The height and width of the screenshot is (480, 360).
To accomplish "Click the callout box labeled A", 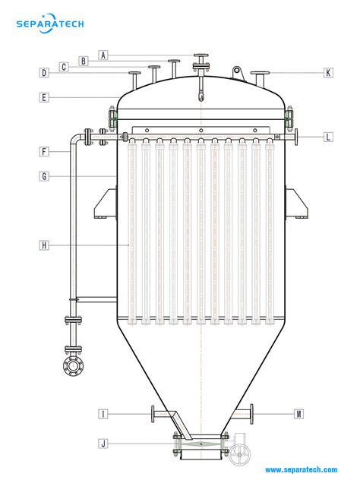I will click(103, 55).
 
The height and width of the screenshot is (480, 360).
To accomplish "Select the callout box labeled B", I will click(84, 61).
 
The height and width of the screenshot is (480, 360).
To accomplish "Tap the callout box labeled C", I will click(65, 67).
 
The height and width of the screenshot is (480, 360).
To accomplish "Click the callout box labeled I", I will click(103, 414).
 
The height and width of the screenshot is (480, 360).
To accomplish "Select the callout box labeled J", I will click(103, 443).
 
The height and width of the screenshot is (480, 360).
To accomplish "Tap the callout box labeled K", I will click(327, 73).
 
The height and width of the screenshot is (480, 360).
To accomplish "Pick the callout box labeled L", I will click(327, 137).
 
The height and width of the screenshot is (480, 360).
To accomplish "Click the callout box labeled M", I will click(299, 414).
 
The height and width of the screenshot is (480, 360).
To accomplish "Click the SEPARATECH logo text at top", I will click(50, 24).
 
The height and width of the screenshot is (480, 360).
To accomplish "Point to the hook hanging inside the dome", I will click(201, 96).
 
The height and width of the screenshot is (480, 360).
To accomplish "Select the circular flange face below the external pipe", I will click(74, 367).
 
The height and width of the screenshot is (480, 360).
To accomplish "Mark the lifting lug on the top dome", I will click(237, 72).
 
